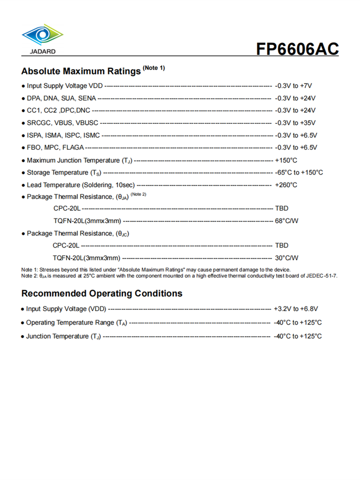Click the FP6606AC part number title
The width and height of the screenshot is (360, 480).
click(x=297, y=49)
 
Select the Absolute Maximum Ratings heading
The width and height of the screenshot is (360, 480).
click(x=80, y=72)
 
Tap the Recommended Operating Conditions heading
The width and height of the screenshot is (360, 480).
click(x=102, y=293)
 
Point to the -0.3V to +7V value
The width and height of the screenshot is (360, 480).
click(x=293, y=86)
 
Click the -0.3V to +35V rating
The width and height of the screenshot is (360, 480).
click(x=295, y=123)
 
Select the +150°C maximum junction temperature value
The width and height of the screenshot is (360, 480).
click(x=286, y=160)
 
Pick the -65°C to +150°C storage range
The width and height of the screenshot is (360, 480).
click(x=299, y=172)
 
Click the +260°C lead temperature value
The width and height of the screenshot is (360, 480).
click(x=286, y=185)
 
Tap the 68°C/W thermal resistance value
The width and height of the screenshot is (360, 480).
click(x=287, y=221)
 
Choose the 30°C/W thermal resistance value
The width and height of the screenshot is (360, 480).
click(x=287, y=258)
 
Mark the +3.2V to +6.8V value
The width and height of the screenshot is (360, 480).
click(x=296, y=309)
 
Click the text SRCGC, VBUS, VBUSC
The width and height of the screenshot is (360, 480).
click(x=62, y=123)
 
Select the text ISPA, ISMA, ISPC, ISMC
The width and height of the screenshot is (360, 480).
click(x=63, y=135)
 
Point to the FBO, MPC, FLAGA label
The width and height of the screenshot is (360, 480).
click(x=55, y=147)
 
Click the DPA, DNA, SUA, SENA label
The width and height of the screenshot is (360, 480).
click(x=61, y=98)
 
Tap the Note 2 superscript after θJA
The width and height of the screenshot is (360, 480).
click(x=138, y=194)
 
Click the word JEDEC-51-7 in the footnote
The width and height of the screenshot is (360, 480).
click(x=322, y=276)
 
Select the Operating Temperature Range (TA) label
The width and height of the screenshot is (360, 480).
click(x=76, y=323)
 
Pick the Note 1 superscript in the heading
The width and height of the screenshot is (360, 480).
click(x=154, y=68)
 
